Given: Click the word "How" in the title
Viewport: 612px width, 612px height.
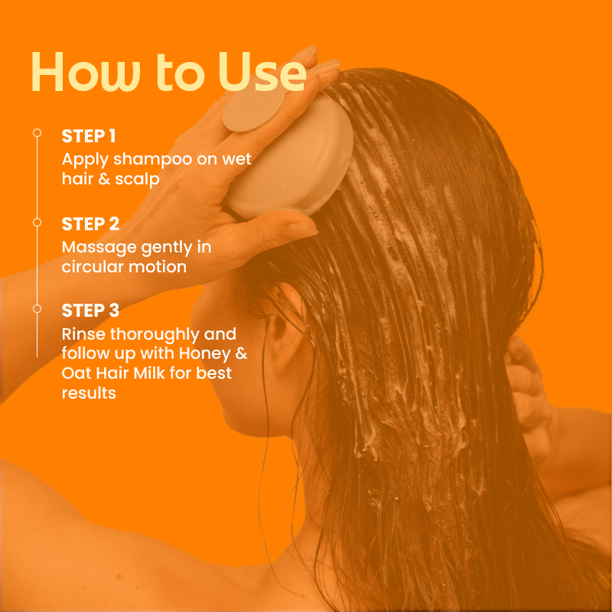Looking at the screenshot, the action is pyautogui.click(x=86, y=72).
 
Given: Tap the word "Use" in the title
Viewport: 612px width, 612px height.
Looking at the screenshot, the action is pyautogui.click(x=262, y=72).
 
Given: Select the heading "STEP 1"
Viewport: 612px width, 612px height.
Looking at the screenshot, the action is pyautogui.click(x=89, y=136).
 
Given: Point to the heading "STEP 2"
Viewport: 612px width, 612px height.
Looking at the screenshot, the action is pyautogui.click(x=90, y=224).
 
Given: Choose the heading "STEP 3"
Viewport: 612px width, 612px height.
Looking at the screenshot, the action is pyautogui.click(x=90, y=311).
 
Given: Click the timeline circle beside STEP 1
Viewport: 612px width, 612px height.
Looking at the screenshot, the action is pyautogui.click(x=37, y=133).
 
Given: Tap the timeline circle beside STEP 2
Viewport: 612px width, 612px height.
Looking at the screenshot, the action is pyautogui.click(x=37, y=223).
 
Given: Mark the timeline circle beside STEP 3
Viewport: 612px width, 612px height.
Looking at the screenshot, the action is pyautogui.click(x=37, y=309).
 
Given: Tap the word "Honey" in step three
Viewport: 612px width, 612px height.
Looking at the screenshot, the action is pyautogui.click(x=205, y=354).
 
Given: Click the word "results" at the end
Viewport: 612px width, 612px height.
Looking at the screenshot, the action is pyautogui.click(x=89, y=393).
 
